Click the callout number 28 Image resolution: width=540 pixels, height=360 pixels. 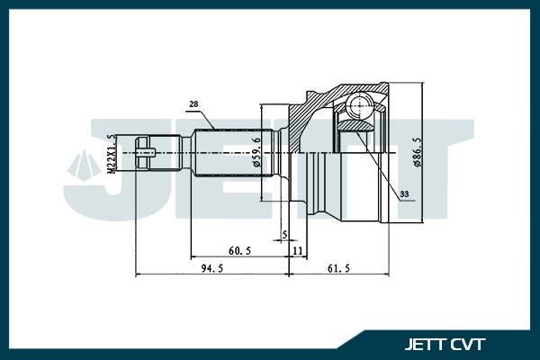(x=195, y=103)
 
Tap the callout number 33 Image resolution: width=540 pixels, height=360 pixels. (x=402, y=193)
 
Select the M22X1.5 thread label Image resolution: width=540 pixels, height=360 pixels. (x=112, y=154)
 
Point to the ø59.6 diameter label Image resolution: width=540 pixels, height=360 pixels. (x=257, y=152)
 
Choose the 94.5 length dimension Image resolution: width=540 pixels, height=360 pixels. (x=211, y=267)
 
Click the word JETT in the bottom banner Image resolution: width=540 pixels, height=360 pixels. (x=427, y=342)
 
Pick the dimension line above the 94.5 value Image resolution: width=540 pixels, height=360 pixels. (x=211, y=273)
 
